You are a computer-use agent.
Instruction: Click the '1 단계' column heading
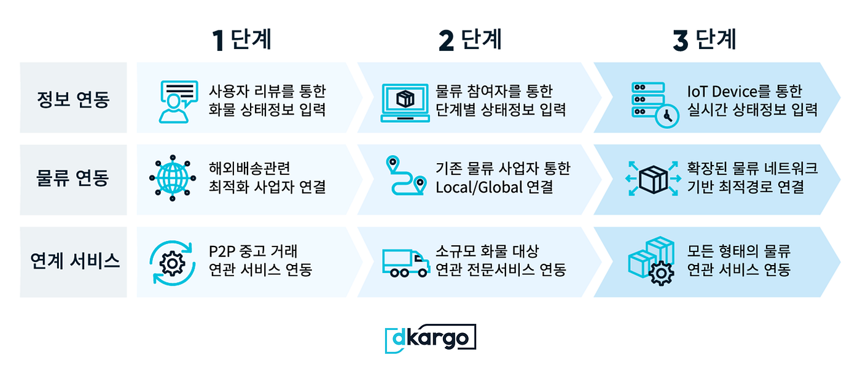(241, 40)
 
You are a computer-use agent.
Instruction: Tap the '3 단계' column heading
(705, 40)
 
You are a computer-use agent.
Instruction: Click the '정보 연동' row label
(73, 98)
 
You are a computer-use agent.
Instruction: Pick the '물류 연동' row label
(73, 178)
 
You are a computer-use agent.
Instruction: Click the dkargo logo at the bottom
(431, 338)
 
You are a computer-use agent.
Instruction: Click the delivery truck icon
(405, 263)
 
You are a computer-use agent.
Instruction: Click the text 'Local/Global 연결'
(495, 187)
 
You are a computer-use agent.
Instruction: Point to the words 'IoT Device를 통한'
(744, 92)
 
